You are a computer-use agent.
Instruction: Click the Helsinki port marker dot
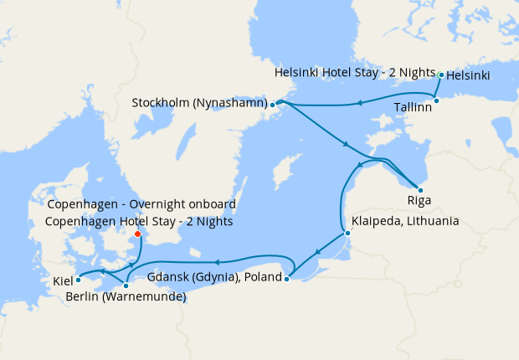coord(441,75)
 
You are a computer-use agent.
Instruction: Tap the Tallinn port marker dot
coord(436,100)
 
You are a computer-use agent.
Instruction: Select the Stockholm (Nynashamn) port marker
coord(273,105)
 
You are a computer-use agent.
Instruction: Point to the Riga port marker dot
coord(420,190)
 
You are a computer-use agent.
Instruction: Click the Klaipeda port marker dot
coord(347,233)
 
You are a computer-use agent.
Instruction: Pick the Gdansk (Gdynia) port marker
coord(286,280)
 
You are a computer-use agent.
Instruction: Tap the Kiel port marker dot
coord(78,280)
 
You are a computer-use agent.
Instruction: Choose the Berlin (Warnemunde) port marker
coord(126,286)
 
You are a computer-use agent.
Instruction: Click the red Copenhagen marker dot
coord(137,234)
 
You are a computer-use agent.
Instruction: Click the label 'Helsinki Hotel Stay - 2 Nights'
coord(355,74)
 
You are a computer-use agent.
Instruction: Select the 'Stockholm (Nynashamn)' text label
coord(199,104)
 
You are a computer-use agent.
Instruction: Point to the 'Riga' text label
coord(419,201)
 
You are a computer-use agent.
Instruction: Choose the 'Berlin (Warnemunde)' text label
coord(126,296)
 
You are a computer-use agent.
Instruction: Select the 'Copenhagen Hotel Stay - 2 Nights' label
coord(140,222)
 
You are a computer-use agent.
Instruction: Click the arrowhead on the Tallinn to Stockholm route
coord(358,104)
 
